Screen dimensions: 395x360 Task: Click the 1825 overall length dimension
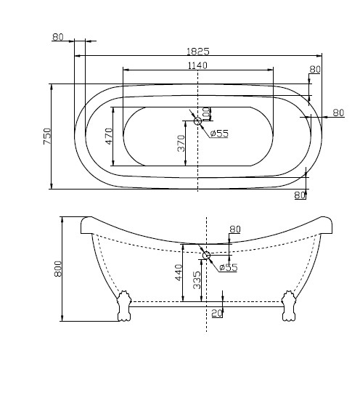pyautogui.click(x=198, y=51)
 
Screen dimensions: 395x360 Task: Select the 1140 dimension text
pyautogui.click(x=197, y=65)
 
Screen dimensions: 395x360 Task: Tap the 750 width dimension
pyautogui.click(x=46, y=136)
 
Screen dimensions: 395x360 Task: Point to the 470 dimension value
pyautogui.click(x=109, y=136)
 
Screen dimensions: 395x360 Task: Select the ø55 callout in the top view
pyautogui.click(x=219, y=133)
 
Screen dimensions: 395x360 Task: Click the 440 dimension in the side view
pyautogui.click(x=178, y=272)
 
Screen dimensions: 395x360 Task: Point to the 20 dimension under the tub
pyautogui.click(x=216, y=313)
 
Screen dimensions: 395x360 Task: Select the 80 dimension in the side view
pyautogui.click(x=234, y=229)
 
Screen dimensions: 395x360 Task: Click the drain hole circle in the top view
pyautogui.click(x=197, y=121)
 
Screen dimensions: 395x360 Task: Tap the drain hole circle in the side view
pyautogui.click(x=206, y=255)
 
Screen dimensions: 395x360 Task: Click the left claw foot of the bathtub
pyautogui.click(x=123, y=306)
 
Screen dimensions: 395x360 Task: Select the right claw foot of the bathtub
pyautogui.click(x=288, y=306)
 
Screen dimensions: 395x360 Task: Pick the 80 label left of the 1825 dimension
pyautogui.click(x=58, y=37)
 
